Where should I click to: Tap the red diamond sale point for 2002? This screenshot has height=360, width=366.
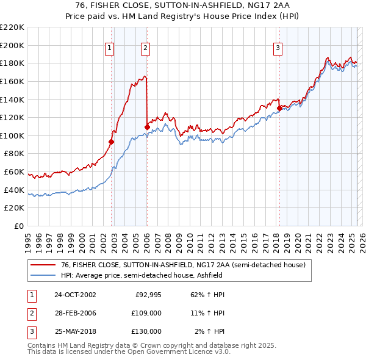click(112, 142)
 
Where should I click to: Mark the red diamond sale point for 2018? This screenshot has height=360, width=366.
click(279, 108)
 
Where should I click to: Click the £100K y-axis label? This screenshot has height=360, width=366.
click(13, 135)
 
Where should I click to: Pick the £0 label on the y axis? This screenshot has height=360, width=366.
click(20, 226)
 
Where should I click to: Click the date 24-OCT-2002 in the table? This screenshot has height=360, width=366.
click(75, 295)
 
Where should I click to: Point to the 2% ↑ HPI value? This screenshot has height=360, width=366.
click(209, 331)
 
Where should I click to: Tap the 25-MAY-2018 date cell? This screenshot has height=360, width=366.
click(75, 331)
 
